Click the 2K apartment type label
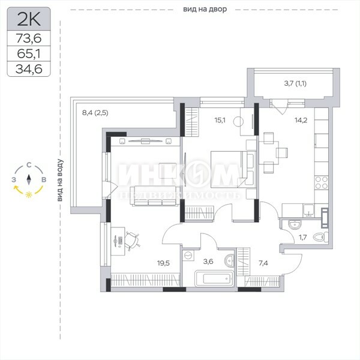pos(29,19)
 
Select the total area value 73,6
pos(29,38)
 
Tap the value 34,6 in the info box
pos(29,69)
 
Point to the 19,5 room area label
pos(163,263)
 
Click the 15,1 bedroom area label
pos(220,120)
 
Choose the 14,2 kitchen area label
pos(301,120)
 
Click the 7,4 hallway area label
pos(263,263)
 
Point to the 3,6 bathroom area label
pos(208,262)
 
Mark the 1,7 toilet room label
pos(303,237)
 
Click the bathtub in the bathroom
pos(214,278)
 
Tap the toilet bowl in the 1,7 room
pos(321,237)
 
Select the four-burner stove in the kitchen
pos(322,183)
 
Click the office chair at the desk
pos(132,241)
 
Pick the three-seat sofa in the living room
pos(155,196)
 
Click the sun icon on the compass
pos(29,194)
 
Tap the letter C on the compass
pos(29,165)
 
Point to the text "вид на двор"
pos(205,10)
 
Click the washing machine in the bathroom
pos(188,256)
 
